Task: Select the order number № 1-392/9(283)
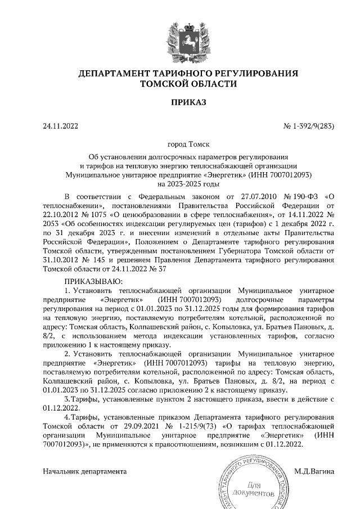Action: tap(309, 126)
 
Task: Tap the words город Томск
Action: tap(180, 145)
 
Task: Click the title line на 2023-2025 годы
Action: tap(180, 184)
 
